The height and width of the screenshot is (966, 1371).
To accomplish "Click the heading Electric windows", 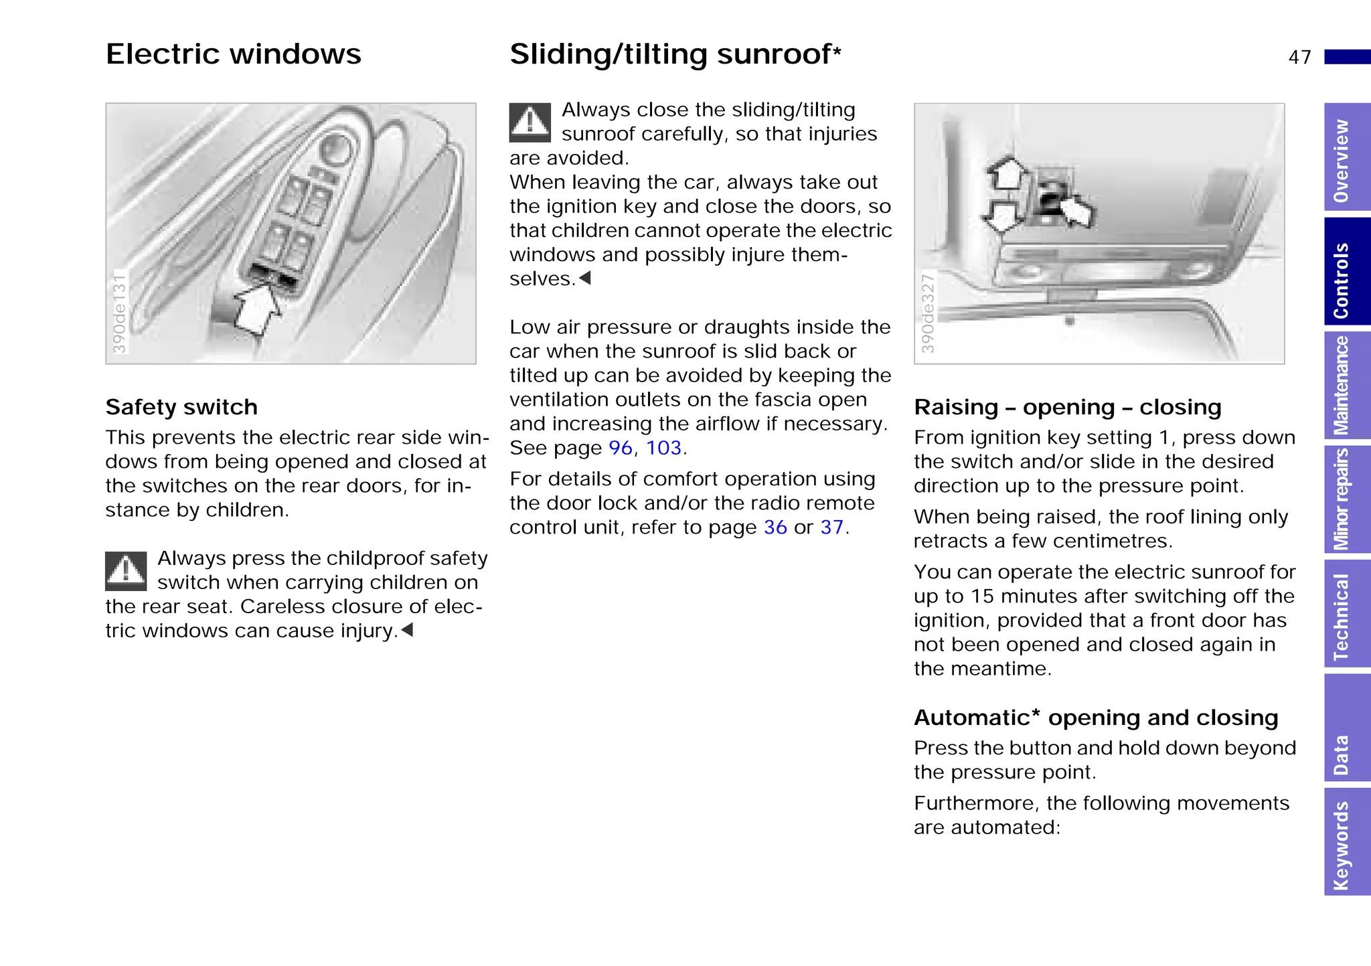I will coord(233,54).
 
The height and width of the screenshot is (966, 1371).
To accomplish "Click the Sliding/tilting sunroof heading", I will coord(674,54).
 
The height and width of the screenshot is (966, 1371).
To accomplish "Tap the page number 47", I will coord(1299,58).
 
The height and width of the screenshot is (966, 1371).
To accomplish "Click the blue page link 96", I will coord(621,448).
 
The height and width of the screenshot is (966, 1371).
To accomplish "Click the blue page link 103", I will coord(663,448).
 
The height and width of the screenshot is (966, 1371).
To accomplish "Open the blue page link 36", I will coord(775,528).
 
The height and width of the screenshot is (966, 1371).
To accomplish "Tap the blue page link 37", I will coord(831,528).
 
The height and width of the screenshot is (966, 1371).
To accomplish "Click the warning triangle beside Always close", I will coord(530,123).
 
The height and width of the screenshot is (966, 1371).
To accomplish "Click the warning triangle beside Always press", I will coord(126,571).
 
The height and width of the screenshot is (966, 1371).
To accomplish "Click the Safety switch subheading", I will coord(181,407).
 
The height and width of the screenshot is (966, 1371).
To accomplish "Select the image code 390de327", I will coord(927,313).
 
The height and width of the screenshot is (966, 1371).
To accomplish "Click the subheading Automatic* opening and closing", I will coord(1096,718).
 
